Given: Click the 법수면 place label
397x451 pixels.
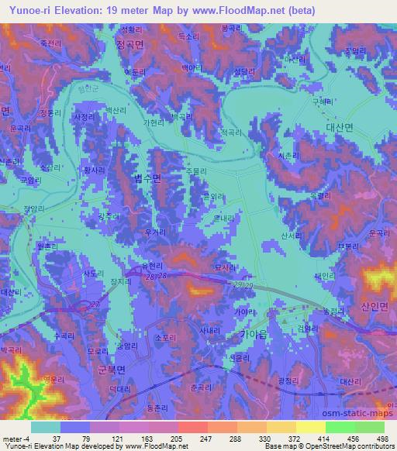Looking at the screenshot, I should (x=146, y=178).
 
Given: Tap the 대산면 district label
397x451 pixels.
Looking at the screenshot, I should (x=339, y=129).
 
